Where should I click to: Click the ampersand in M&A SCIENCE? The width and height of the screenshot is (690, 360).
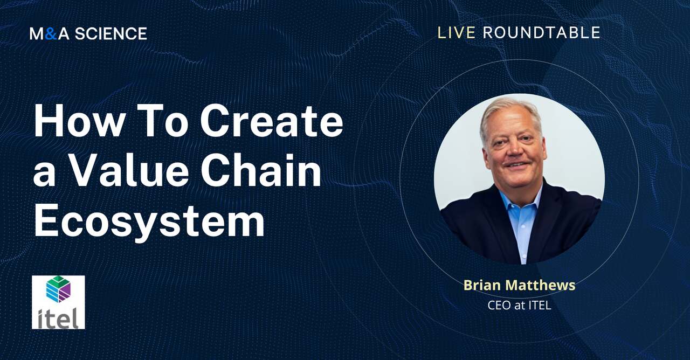click(x=50, y=34)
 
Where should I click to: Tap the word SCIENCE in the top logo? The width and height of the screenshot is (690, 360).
click(x=111, y=34)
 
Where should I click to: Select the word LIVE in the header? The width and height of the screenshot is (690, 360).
click(x=456, y=33)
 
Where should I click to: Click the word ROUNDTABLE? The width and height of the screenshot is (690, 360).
click(x=541, y=33)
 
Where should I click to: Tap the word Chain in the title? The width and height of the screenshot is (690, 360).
click(x=260, y=171)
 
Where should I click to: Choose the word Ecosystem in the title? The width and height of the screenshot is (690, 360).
click(x=149, y=221)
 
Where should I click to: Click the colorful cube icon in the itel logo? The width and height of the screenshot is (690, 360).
click(x=58, y=289)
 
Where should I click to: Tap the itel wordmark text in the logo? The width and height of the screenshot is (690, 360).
click(x=58, y=317)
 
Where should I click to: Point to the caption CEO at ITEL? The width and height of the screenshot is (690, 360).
click(x=519, y=306)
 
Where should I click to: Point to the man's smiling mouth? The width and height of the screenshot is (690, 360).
click(x=516, y=165)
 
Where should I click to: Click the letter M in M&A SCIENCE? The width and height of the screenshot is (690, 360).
click(x=37, y=34)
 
